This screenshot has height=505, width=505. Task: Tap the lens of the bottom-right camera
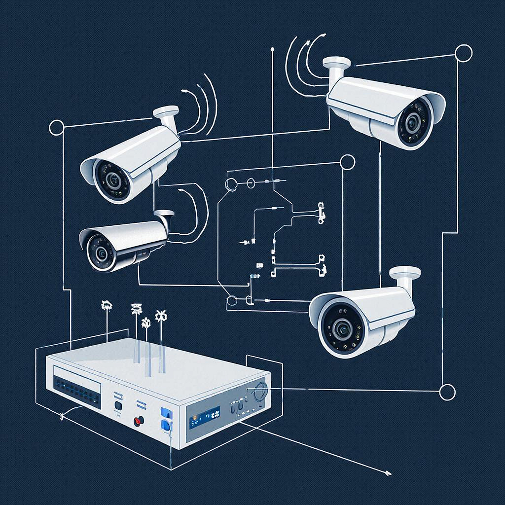click(342, 328)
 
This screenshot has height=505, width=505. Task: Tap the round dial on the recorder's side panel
click(260, 393)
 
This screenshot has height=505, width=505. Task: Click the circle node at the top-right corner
click(463, 53)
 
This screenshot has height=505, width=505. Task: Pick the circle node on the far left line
click(57, 128)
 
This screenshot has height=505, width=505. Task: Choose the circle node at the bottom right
click(447, 393)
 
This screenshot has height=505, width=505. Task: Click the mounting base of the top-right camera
click(336, 63)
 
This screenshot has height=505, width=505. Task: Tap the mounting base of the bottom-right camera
click(405, 273)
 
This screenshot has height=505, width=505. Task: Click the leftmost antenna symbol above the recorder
click(107, 306)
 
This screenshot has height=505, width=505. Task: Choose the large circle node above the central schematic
click(348, 162)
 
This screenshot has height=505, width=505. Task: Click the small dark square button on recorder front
click(118, 405)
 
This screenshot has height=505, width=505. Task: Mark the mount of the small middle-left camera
click(164, 216)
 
